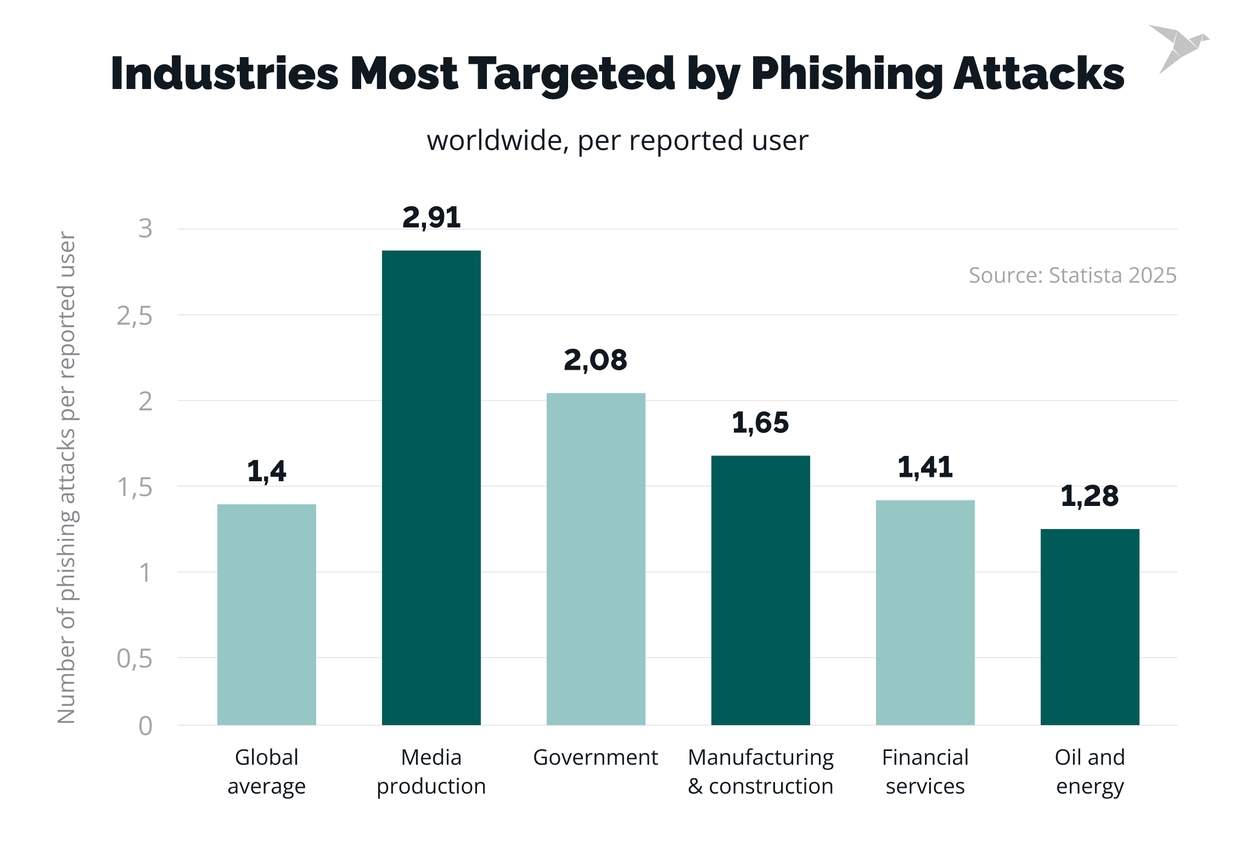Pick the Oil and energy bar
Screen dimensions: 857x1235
1090,627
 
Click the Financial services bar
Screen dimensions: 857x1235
925,612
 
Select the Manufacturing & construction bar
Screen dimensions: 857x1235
760,590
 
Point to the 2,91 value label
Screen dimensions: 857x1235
431,218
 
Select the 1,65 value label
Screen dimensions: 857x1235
760,423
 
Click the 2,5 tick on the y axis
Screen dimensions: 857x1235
134,316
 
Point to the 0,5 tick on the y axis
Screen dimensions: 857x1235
134,659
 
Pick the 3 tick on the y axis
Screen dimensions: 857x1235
145,229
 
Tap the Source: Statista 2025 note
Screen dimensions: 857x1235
1072,275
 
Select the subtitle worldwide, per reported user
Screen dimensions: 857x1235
617,141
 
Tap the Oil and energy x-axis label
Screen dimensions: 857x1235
1090,771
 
